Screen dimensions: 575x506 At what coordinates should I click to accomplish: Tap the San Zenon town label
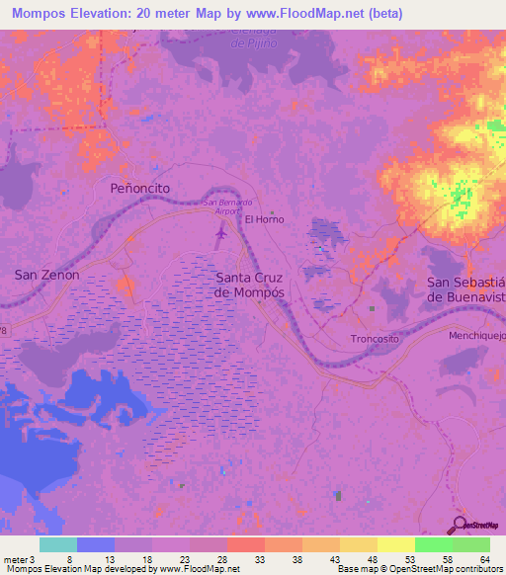pyautogui.click(x=46, y=275)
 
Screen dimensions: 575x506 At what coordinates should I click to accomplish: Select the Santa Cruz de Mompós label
pyautogui.click(x=250, y=286)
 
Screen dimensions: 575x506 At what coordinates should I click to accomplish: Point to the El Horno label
pyautogui.click(x=264, y=219)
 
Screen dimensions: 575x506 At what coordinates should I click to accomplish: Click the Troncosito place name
pyautogui.click(x=377, y=339)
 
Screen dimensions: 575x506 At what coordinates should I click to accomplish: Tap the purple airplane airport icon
pyautogui.click(x=219, y=235)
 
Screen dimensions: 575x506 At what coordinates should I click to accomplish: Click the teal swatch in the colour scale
pyautogui.click(x=58, y=544)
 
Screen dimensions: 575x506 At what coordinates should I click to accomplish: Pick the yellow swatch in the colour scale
pyautogui.click(x=395, y=544)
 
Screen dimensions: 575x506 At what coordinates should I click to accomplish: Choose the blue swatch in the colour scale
pyautogui.click(x=96, y=544)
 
